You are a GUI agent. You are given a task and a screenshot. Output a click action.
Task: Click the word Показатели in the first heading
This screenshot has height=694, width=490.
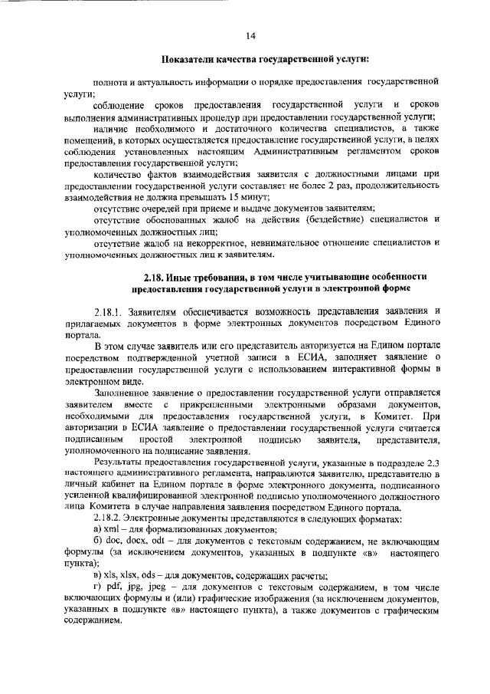click(191, 59)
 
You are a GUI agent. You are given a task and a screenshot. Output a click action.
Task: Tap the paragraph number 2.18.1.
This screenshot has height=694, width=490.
click(109, 310)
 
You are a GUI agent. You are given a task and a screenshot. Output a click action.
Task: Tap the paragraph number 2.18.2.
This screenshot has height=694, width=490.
click(109, 519)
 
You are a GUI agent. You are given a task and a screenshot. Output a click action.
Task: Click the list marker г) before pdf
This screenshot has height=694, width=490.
click(96, 587)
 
